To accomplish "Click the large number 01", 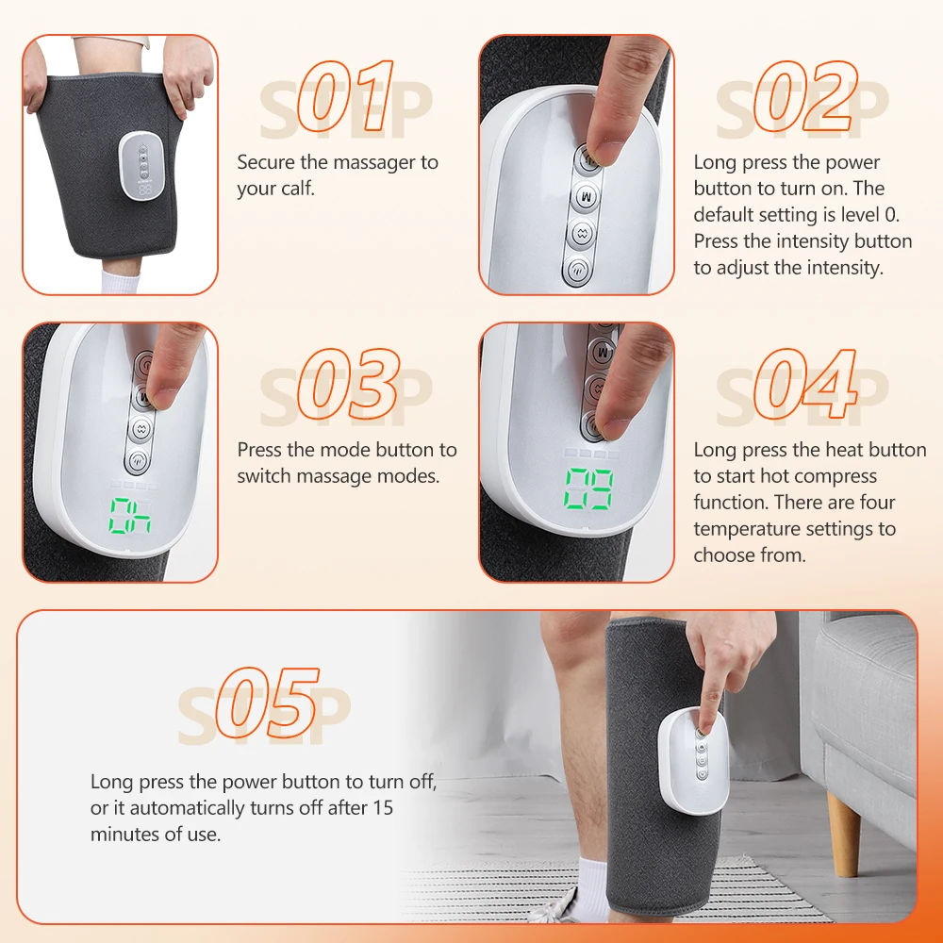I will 345,97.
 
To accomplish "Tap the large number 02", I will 801,97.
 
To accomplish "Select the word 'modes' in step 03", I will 413,476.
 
